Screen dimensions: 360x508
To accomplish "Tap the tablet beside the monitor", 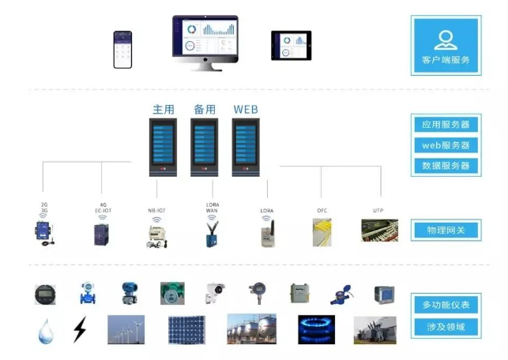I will coord(291,45).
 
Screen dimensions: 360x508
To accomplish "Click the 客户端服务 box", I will coord(446,45).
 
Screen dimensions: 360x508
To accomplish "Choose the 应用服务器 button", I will coord(446,125).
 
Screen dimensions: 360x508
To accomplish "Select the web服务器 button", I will coord(446,145).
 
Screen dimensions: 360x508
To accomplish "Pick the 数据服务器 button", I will coord(446,166).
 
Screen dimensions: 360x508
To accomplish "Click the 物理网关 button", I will coord(446,231).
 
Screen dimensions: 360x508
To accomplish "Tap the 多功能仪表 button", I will coord(446,305).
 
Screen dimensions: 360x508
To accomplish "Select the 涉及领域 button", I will coord(446,326).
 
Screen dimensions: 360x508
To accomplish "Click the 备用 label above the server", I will coord(205,110).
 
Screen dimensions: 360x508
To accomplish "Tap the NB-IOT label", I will coord(156,211).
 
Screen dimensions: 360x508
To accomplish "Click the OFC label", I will coord(322,211).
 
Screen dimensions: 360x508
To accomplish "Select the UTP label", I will coord(378,211).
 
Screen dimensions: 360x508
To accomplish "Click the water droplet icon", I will coord(45,330).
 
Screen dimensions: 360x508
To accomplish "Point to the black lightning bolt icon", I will coord(79,329).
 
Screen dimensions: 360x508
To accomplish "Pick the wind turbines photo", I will coord(126,329).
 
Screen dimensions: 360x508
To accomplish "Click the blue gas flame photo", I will coord(316,329).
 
